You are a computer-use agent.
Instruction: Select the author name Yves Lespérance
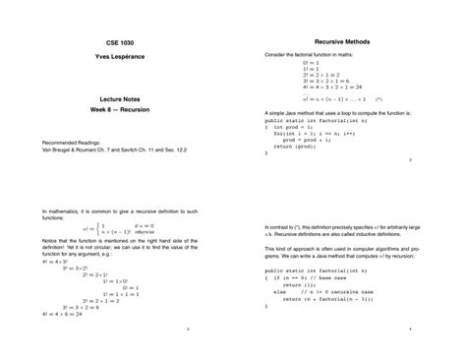pyautogui.click(x=117, y=58)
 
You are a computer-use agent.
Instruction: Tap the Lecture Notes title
pyautogui.click(x=117, y=99)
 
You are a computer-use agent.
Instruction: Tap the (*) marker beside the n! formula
pyautogui.click(x=379, y=99)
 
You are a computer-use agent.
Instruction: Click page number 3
pyautogui.click(x=186, y=331)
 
